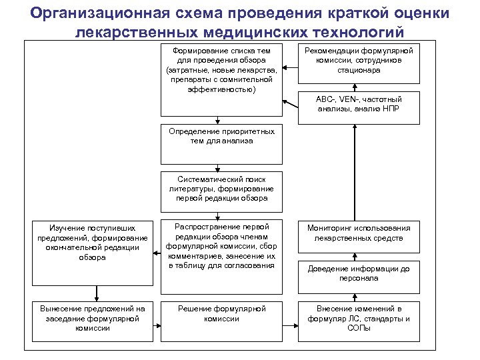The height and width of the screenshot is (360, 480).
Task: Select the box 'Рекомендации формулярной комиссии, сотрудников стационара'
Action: (359, 65)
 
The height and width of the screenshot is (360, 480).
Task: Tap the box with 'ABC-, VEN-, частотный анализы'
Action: (359, 107)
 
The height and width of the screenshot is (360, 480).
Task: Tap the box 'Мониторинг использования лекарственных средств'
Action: (359, 237)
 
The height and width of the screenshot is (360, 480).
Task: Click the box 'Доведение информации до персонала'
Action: (359, 274)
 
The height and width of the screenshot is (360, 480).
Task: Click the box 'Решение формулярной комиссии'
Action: (221, 324)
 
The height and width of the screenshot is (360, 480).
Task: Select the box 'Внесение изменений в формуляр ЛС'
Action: (359, 324)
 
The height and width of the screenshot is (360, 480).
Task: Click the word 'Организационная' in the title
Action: (97, 13)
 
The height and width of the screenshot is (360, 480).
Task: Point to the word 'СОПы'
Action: (359, 329)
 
